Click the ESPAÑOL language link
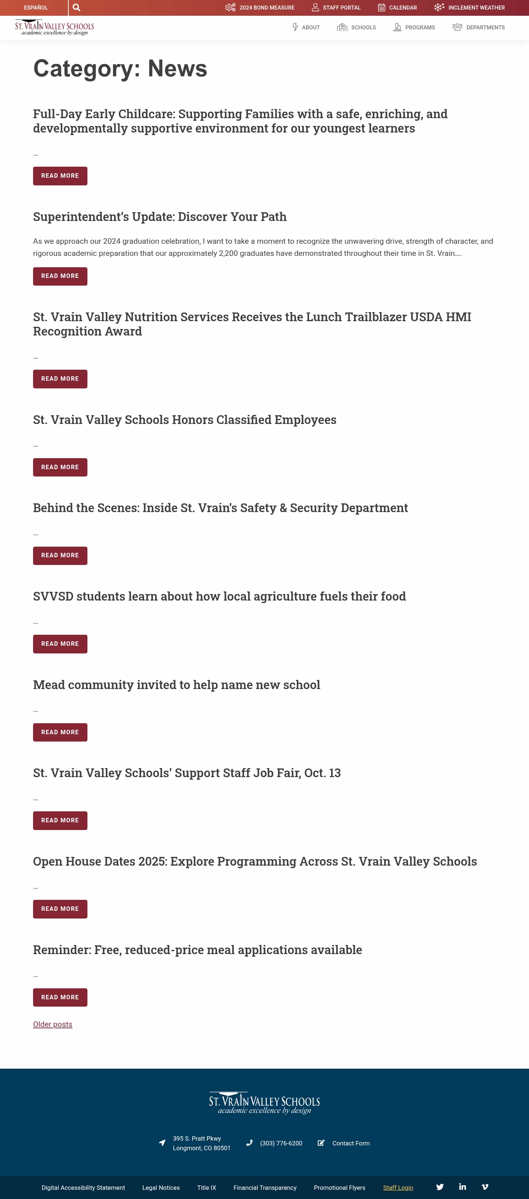(36, 7)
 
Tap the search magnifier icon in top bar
(76, 7)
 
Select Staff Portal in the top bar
(336, 7)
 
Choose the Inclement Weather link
(469, 7)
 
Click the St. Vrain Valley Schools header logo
(54, 28)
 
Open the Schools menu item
(357, 28)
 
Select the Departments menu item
(479, 28)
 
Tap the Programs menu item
(414, 28)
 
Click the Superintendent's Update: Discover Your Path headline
(160, 217)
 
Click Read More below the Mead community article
(60, 732)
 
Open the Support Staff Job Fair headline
(187, 773)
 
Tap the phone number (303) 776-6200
(281, 1143)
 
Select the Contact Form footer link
(351, 1143)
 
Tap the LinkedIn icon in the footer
(463, 1187)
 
